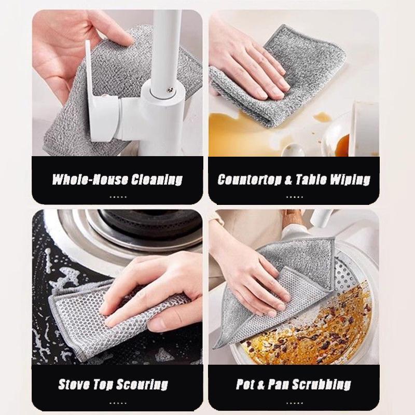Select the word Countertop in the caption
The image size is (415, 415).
(x=248, y=180)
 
